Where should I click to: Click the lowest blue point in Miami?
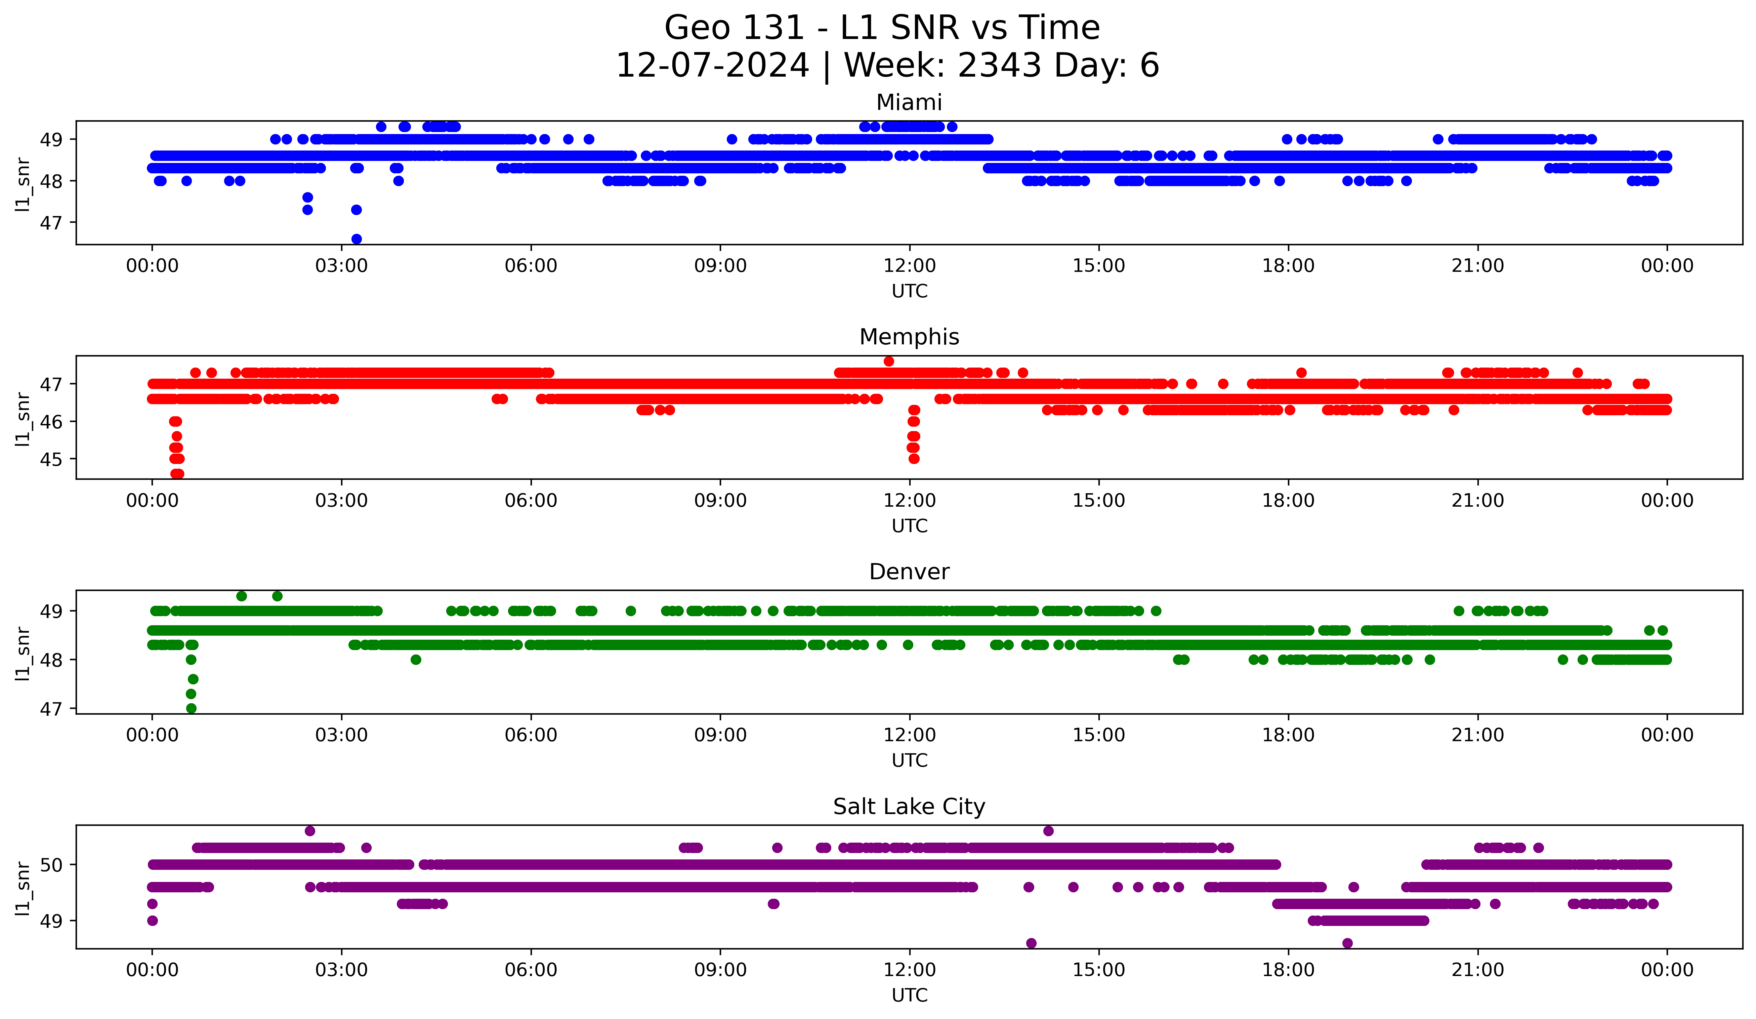(356, 239)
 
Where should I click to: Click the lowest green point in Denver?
(191, 708)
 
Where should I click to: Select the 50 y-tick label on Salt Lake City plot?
(51, 865)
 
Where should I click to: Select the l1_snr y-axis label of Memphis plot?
(23, 418)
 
